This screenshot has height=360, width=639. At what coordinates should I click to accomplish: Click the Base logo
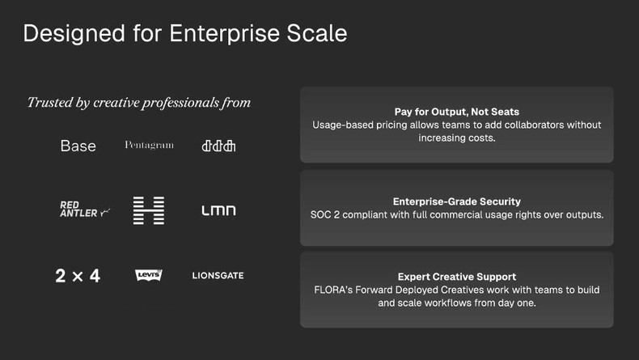pyautogui.click(x=78, y=146)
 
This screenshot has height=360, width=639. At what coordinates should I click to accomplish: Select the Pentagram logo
pyautogui.click(x=149, y=146)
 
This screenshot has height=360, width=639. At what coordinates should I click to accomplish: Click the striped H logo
pyautogui.click(x=149, y=210)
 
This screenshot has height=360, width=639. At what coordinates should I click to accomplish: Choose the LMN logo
pyautogui.click(x=218, y=210)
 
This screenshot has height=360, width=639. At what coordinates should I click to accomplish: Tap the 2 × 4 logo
pyautogui.click(x=78, y=276)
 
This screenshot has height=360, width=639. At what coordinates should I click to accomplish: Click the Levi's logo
pyautogui.click(x=149, y=276)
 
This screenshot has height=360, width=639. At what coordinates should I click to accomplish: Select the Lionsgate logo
pyautogui.click(x=218, y=276)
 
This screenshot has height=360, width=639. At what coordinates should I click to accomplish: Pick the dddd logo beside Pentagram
pyautogui.click(x=218, y=146)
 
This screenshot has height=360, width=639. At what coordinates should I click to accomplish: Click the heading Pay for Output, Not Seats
pyautogui.click(x=457, y=112)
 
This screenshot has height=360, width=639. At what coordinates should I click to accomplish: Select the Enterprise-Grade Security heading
pyautogui.click(x=457, y=201)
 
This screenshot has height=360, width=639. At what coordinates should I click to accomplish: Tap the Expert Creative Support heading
pyautogui.click(x=457, y=276)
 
